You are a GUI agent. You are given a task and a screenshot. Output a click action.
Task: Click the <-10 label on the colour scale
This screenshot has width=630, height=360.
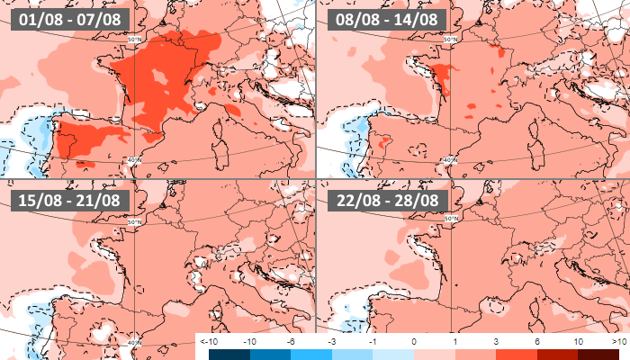[206, 343]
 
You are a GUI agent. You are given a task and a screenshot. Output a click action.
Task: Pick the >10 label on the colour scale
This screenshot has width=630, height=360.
[619, 343]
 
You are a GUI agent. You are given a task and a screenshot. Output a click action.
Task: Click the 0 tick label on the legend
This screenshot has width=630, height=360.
[413, 343]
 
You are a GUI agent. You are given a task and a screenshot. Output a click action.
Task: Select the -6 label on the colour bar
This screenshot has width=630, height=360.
[290, 343]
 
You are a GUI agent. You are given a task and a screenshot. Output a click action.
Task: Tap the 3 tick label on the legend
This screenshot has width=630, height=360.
[496, 343]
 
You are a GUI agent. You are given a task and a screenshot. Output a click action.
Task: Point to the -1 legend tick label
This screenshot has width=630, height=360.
[372, 343]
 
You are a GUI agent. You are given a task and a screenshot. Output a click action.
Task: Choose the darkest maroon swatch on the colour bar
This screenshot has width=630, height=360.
[598, 355]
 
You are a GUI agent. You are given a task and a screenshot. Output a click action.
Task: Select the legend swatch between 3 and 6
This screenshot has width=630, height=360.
[517, 355]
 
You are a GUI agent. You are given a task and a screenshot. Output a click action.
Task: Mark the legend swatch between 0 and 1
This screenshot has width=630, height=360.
[434, 355]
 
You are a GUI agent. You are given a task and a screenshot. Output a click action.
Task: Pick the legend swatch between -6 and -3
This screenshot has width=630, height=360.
[310, 355]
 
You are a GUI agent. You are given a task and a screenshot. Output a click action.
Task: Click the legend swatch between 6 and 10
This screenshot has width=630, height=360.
[557, 355]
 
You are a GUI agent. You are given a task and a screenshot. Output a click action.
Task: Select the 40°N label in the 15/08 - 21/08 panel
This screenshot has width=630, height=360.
[133, 342]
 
